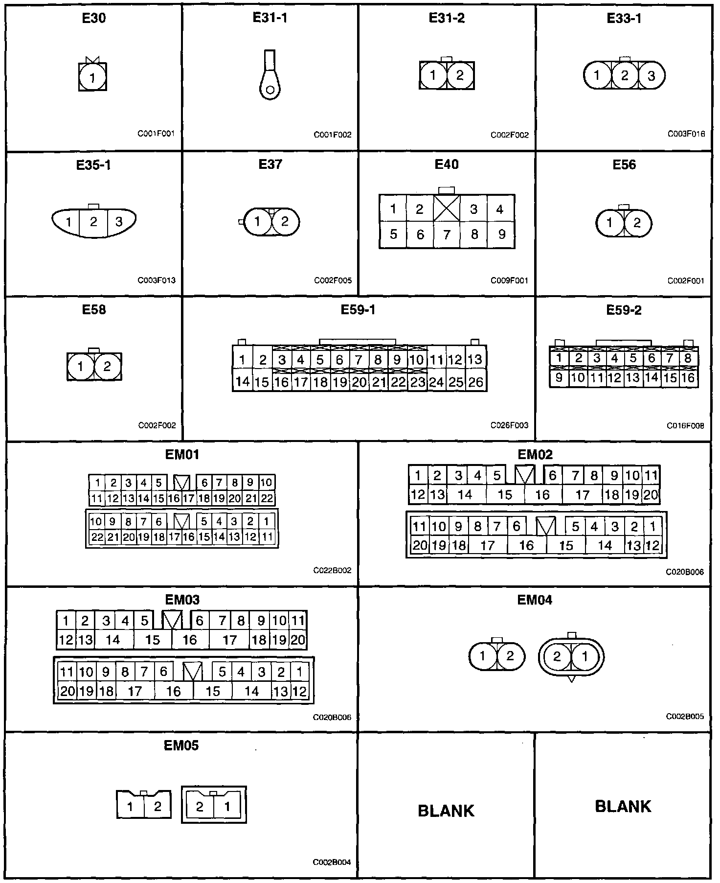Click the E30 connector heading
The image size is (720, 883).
(x=94, y=19)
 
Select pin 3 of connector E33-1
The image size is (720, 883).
(x=651, y=76)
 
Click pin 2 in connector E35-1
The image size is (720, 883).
(x=94, y=222)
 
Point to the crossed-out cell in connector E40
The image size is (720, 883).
(x=447, y=209)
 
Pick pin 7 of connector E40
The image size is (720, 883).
(x=447, y=235)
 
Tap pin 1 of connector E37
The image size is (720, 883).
(x=257, y=222)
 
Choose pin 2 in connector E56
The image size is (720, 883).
(x=637, y=223)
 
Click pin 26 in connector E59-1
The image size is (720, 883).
(x=475, y=382)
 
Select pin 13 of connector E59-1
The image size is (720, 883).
(x=474, y=360)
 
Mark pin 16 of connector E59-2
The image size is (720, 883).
(x=688, y=377)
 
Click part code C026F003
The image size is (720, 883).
(x=509, y=425)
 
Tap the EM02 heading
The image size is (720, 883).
(x=535, y=454)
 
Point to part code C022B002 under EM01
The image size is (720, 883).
(x=332, y=571)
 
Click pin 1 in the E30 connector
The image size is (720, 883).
(x=92, y=77)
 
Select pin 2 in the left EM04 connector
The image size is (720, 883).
(x=510, y=656)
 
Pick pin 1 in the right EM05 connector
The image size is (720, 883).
(x=227, y=806)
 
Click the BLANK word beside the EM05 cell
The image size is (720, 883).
(x=446, y=811)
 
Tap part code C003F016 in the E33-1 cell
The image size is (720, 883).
(x=686, y=133)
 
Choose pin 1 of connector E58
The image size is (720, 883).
(x=81, y=367)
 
